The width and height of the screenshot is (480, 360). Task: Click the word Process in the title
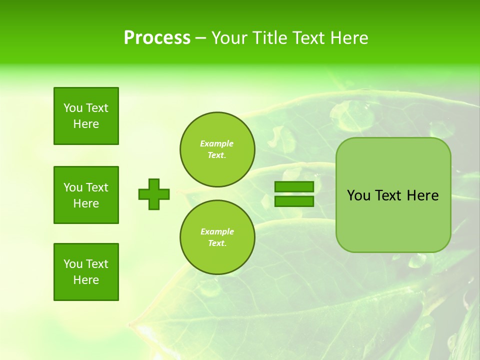[x=157, y=38]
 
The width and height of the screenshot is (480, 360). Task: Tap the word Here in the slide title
[x=349, y=38]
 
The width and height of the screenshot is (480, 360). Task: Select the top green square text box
[x=86, y=116]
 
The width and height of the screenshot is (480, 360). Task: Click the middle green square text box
[x=86, y=195]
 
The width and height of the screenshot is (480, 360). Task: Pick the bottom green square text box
[x=86, y=272]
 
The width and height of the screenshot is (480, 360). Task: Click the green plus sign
[x=154, y=194]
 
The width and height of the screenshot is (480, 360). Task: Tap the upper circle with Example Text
[x=217, y=149]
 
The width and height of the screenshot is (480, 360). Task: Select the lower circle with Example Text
[x=217, y=237]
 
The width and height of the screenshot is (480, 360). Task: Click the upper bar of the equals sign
[x=294, y=187]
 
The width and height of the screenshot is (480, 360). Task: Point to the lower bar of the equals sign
[x=294, y=201]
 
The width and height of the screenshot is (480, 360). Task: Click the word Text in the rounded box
[x=388, y=195]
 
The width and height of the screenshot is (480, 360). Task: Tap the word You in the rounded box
[x=358, y=195]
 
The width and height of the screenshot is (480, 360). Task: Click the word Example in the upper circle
[x=216, y=143]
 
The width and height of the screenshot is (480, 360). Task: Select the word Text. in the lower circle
[x=217, y=243]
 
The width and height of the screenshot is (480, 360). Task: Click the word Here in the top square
[x=86, y=124]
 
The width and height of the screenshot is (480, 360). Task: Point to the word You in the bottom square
[x=73, y=264]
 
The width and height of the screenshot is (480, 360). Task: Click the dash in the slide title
[x=201, y=38]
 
